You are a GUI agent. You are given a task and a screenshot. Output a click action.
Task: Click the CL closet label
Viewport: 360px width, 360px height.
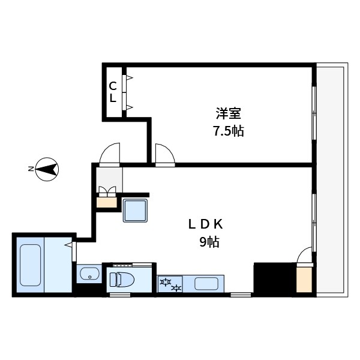113,92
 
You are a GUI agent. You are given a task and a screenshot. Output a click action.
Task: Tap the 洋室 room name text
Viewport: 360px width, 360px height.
228,113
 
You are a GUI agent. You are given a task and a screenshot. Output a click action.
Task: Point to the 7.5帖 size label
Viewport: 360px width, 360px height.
229,131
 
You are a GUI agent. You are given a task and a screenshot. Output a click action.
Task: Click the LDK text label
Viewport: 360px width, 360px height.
205,224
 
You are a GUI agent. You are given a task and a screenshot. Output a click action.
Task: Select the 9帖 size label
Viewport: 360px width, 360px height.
209,242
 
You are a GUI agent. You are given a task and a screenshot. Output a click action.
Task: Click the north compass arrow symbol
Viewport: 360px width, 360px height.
47,169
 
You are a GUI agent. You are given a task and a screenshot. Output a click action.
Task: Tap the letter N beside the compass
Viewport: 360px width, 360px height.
30,169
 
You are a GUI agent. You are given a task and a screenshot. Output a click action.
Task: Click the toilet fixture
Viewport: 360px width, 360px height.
122,279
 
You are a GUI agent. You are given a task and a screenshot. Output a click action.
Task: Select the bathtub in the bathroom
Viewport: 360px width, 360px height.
31,265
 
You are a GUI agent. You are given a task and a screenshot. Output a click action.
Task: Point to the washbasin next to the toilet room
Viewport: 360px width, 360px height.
89,274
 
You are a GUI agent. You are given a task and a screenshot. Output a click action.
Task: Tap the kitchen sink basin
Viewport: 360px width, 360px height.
206,284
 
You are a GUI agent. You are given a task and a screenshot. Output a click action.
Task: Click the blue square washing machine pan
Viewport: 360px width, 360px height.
135,211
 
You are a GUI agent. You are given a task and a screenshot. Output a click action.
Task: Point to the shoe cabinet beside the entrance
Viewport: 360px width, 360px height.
107,203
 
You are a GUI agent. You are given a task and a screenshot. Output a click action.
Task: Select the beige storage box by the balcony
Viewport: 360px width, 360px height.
304,280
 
